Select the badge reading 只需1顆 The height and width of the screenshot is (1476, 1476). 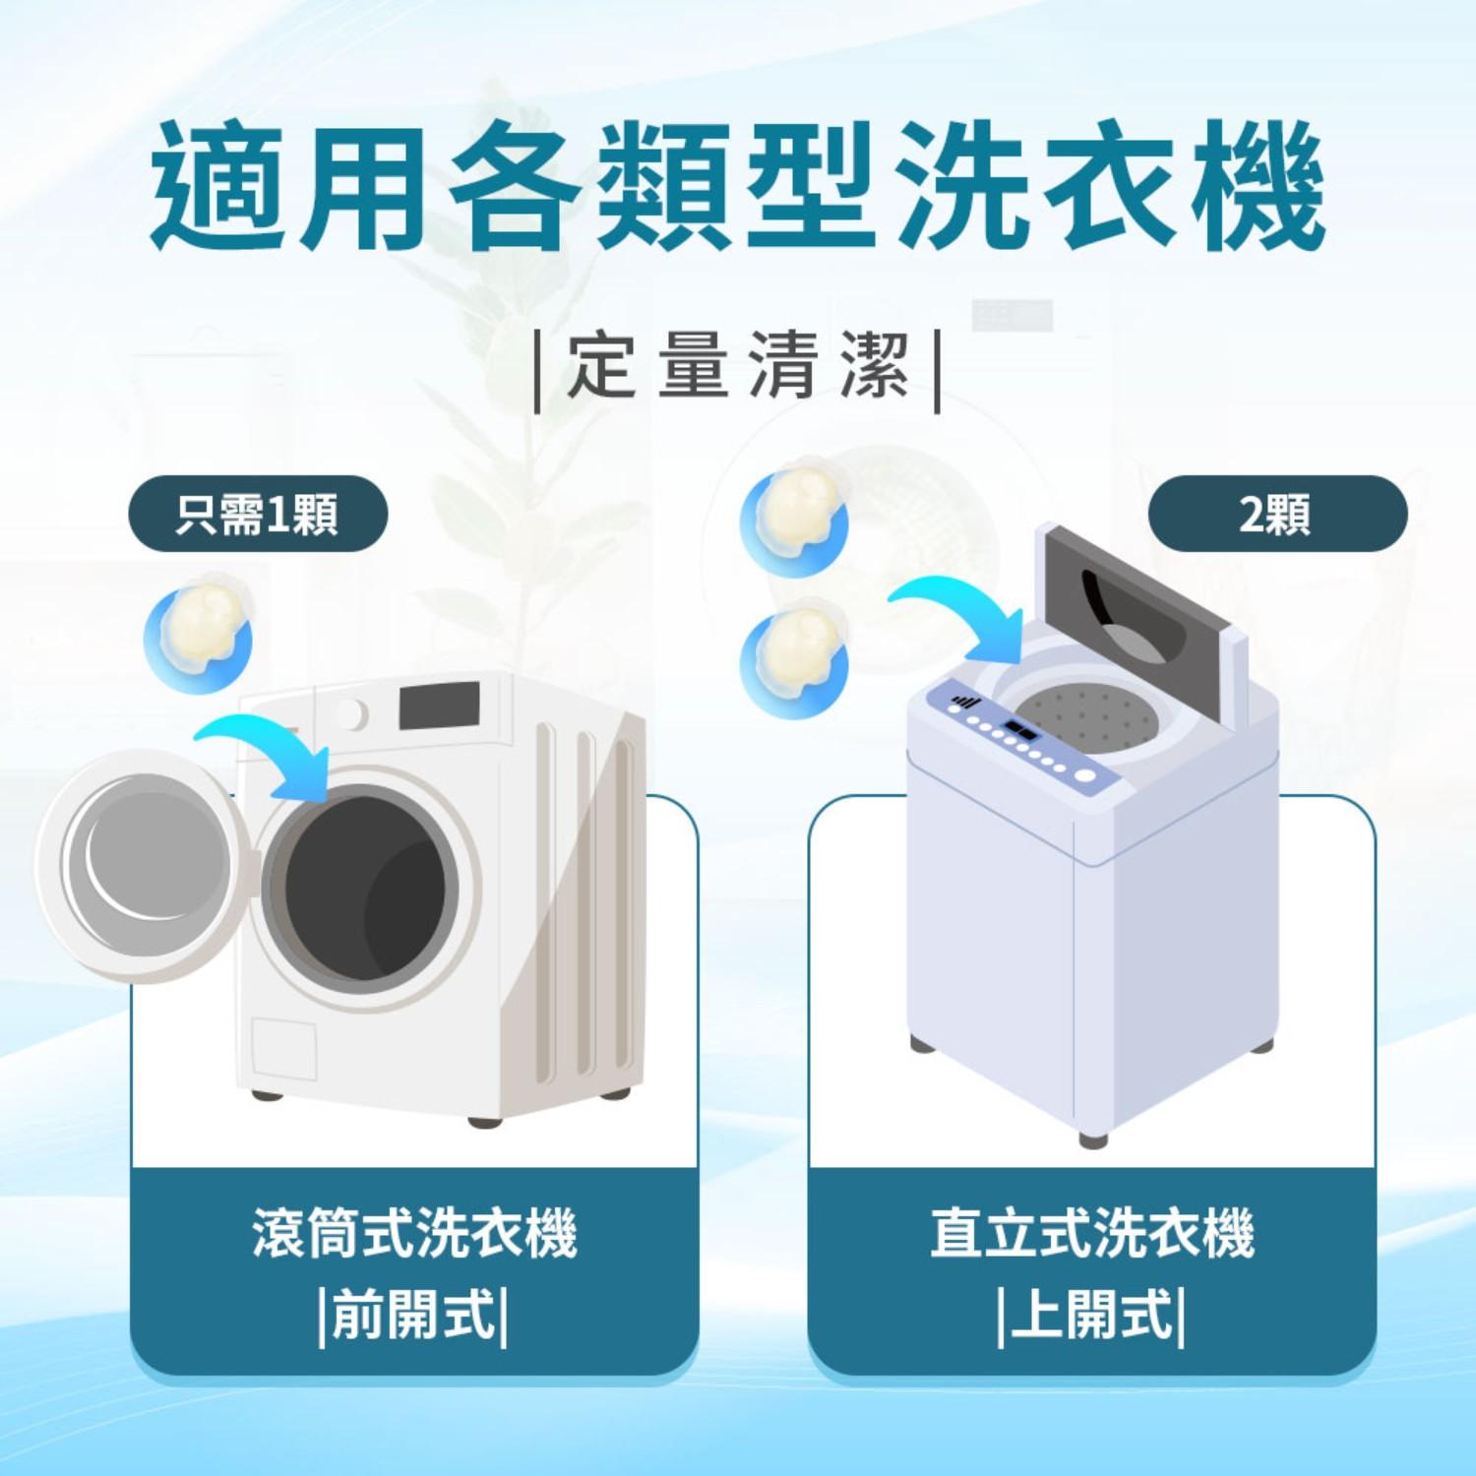click(258, 514)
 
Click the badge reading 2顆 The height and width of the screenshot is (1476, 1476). click(1276, 514)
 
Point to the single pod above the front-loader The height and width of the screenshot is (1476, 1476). click(201, 635)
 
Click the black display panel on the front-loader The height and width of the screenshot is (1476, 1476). click(439, 706)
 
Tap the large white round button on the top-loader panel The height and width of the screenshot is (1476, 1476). click(1084, 775)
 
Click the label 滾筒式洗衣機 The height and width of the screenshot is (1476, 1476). click(414, 1233)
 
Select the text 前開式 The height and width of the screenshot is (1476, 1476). click(414, 1315)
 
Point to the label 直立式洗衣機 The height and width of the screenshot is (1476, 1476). click(1092, 1233)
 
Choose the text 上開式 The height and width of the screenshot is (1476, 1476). click(1092, 1315)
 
